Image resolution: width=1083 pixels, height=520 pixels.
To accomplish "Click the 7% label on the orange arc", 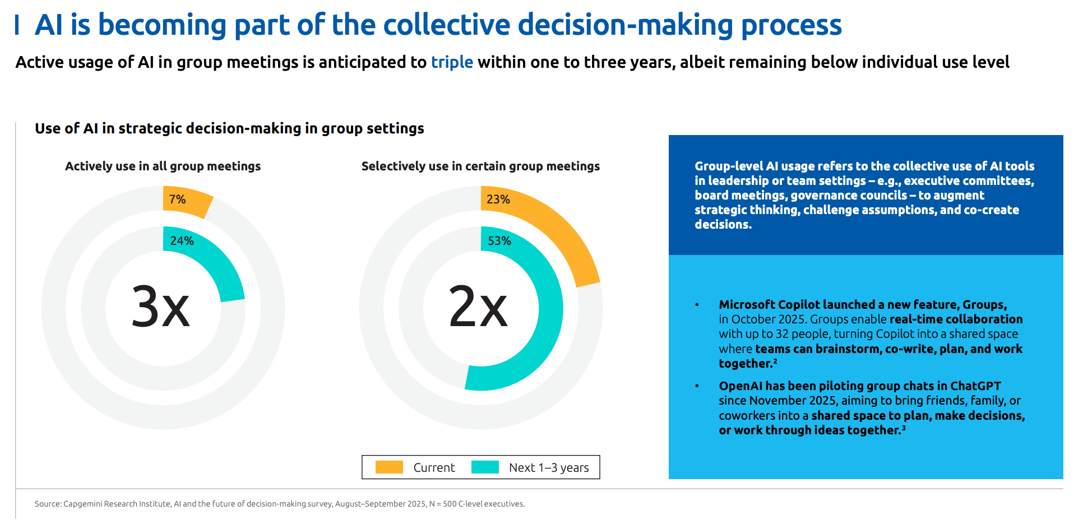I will [177, 199].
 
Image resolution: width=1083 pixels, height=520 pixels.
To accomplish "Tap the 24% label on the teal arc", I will [182, 241].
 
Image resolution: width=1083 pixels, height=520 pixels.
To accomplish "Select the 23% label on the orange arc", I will [498, 199].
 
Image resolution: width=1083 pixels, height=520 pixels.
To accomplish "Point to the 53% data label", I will [499, 241].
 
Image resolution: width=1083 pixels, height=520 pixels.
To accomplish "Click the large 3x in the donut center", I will [161, 307].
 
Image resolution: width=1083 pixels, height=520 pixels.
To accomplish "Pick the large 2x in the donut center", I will [478, 307].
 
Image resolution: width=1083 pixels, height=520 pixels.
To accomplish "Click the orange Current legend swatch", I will [389, 467].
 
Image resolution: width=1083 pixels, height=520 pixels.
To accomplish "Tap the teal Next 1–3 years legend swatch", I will [485, 467].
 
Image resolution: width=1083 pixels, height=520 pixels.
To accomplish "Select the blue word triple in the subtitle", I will [452, 62].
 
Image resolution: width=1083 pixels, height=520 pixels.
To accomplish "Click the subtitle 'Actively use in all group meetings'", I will [163, 166].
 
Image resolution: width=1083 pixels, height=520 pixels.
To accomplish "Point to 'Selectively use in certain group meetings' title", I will [480, 166].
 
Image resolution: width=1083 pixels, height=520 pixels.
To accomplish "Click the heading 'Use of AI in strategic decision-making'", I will [229, 129].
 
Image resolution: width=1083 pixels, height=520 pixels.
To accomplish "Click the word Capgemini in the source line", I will [82, 504].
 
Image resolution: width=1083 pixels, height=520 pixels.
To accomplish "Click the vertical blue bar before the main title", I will [17, 25].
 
